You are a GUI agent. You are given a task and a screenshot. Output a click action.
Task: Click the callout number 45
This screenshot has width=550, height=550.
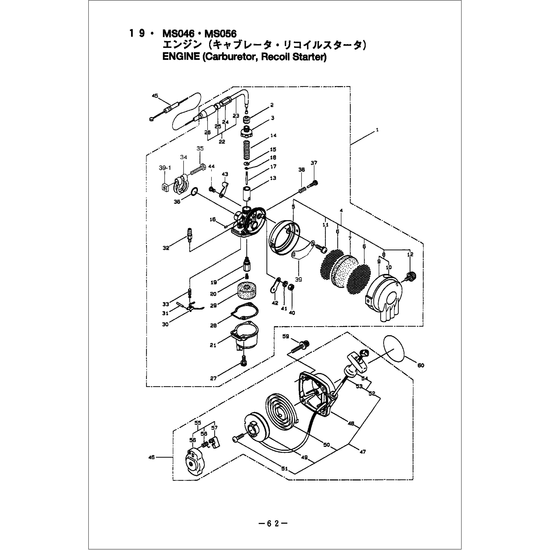pyautogui.click(x=155, y=96)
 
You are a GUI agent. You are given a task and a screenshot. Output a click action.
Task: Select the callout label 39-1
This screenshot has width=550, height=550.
pyautogui.click(x=165, y=168)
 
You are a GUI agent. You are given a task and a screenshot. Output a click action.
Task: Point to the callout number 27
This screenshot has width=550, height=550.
pyautogui.click(x=213, y=378)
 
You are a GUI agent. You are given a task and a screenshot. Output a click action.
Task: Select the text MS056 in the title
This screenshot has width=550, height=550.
pyautogui.click(x=220, y=34)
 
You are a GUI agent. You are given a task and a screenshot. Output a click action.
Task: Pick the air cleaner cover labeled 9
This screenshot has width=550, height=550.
pyautogui.click(x=384, y=296)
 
